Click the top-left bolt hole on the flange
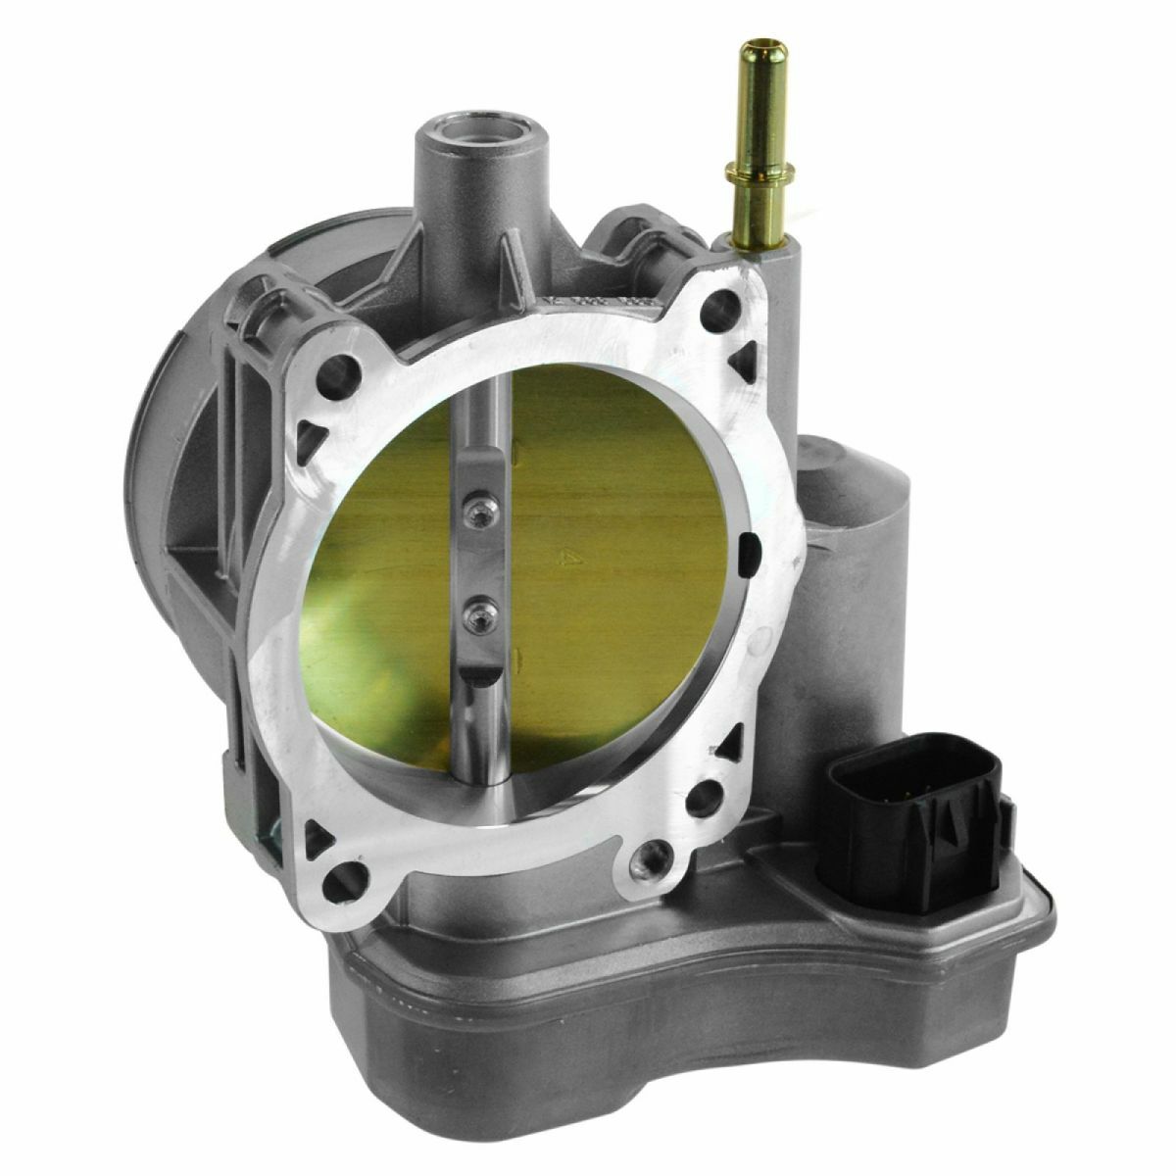click(x=340, y=370)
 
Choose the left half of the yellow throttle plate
click(x=372, y=568)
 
